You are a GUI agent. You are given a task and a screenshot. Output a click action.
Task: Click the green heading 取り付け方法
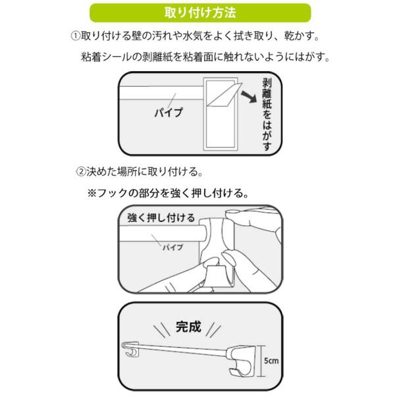[x=197, y=12]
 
